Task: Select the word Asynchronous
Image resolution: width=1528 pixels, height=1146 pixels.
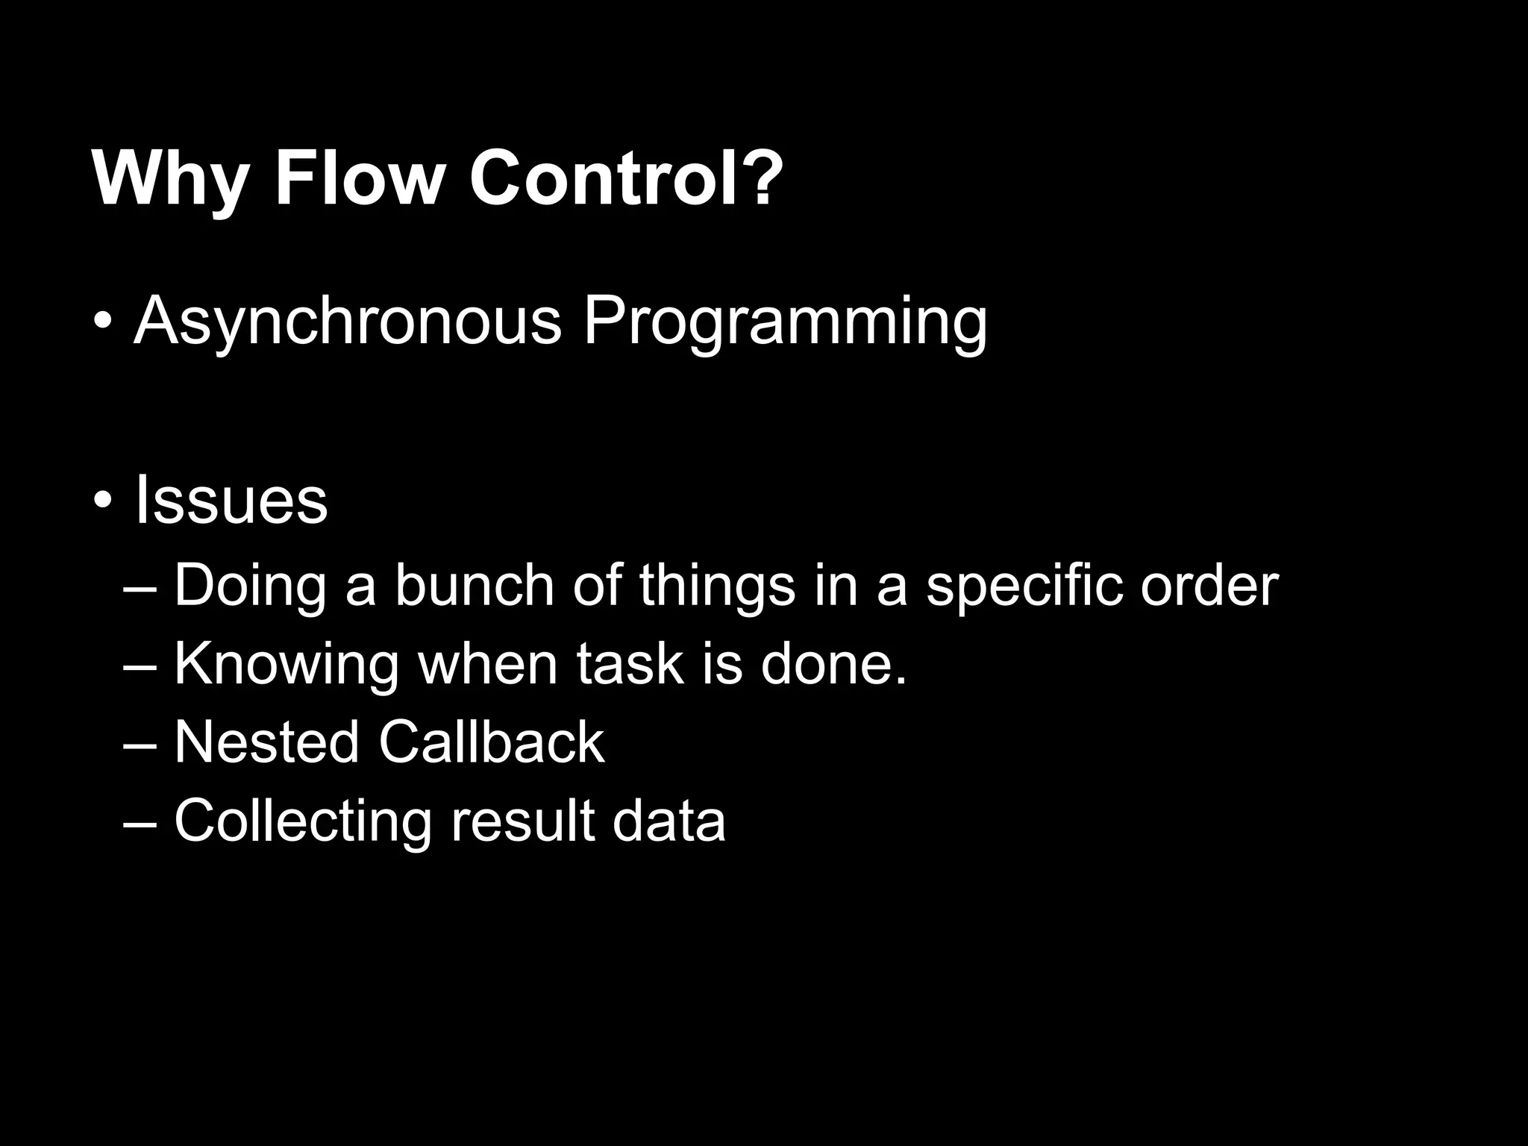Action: [347, 322]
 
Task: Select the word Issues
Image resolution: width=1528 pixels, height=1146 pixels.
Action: [231, 500]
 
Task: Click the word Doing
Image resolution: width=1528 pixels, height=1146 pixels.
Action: [250, 586]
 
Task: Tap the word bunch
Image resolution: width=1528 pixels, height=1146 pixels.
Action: [475, 585]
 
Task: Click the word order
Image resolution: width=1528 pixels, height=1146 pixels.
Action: [1209, 585]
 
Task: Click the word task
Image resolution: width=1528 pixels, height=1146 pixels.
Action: [630, 664]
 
